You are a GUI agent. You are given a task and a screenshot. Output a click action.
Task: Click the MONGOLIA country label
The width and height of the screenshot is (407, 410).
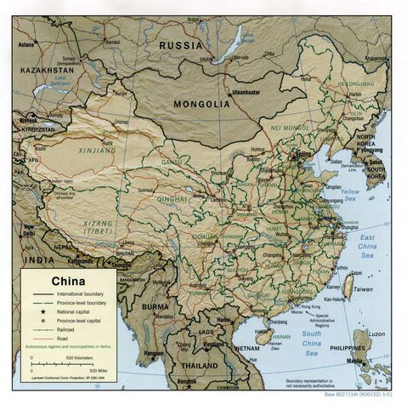tap(202, 104)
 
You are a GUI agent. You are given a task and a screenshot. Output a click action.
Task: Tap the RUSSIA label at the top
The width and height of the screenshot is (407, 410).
tap(181, 45)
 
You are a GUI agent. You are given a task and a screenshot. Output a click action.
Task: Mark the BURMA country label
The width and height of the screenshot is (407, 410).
tap(155, 305)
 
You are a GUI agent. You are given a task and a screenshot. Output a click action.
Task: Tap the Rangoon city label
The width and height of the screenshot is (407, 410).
tap(153, 351)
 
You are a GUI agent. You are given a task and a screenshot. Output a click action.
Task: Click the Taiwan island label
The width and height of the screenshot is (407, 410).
tap(363, 290)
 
